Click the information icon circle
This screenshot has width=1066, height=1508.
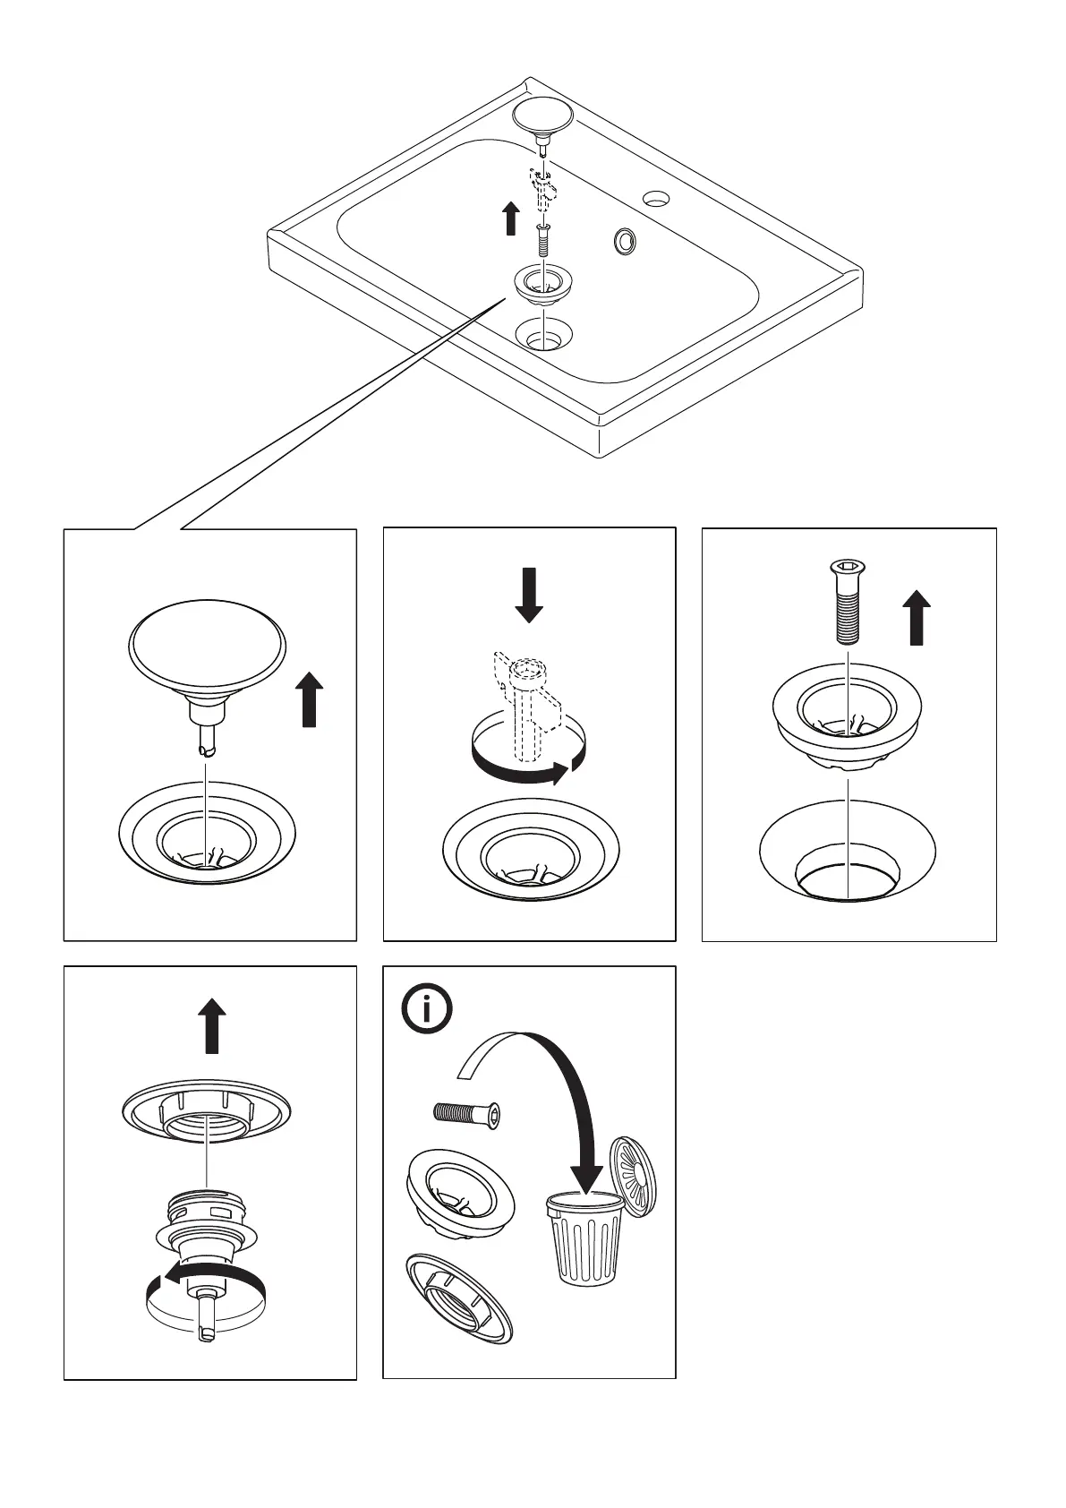coord(427,1010)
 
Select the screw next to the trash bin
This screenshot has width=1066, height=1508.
coord(466,1112)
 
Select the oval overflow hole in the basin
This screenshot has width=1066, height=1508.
coord(624,240)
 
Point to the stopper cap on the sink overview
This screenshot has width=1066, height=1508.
coord(542,116)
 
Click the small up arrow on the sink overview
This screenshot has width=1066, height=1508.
coord(510,218)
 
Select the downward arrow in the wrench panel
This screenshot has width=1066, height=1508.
coord(529,594)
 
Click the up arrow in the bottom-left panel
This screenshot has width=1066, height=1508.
coord(212,1026)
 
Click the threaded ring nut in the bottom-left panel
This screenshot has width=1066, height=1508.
coord(207,1111)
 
